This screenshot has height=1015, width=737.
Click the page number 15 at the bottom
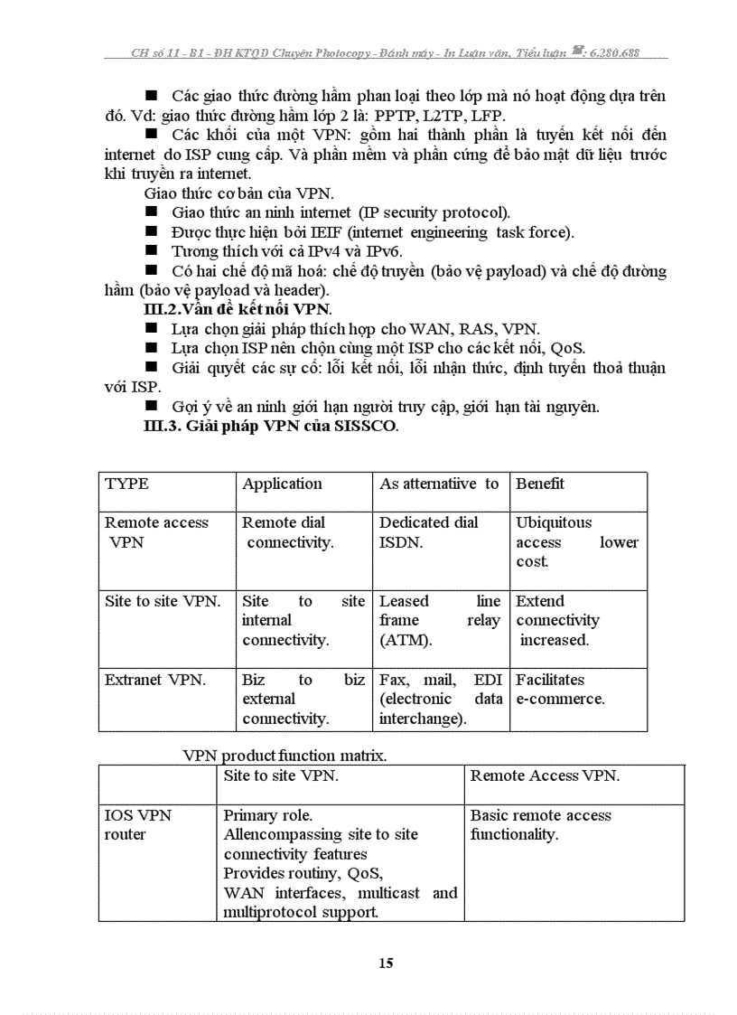[386, 963]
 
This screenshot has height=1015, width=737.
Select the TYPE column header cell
[127, 484]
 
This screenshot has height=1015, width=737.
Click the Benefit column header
[540, 484]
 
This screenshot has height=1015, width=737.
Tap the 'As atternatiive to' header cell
[439, 484]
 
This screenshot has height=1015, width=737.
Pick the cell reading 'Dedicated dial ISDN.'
[428, 533]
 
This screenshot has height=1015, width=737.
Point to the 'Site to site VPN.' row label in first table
[163, 602]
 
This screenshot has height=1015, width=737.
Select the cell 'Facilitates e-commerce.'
[561, 690]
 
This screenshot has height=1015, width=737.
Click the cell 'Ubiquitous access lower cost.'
[576, 542]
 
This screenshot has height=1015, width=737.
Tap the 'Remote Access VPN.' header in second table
[545, 776]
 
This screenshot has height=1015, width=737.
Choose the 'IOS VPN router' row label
[138, 825]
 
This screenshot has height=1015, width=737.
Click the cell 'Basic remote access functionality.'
[540, 825]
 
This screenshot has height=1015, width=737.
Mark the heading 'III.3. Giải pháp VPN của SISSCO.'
[270, 427]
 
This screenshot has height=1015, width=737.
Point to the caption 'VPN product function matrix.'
[285, 756]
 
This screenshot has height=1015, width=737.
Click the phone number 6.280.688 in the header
[613, 53]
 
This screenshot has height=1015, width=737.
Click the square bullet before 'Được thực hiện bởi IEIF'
[151, 232]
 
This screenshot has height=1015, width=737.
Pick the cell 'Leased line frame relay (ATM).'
[439, 621]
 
